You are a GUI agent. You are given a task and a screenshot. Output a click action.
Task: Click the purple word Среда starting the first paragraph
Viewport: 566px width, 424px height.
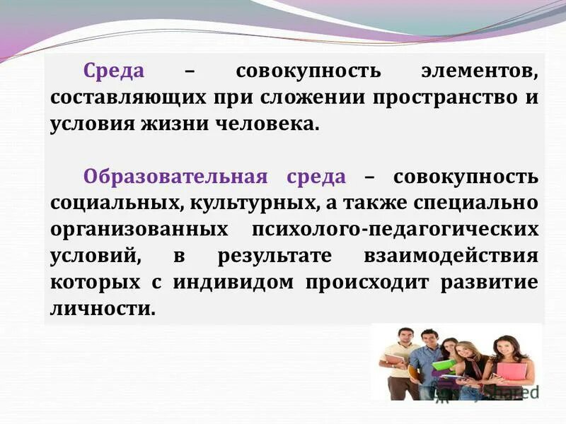pyautogui.click(x=113, y=71)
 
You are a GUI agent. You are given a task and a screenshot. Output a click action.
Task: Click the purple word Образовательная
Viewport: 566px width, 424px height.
pyautogui.click(x=175, y=177)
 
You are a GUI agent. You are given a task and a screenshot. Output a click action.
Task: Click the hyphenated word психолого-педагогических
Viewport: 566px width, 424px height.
pyautogui.click(x=394, y=230)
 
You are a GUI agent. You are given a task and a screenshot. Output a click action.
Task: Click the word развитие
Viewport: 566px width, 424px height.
pyautogui.click(x=490, y=283)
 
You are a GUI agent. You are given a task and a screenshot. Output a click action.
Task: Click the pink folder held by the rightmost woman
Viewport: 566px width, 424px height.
pyautogui.click(x=511, y=370)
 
